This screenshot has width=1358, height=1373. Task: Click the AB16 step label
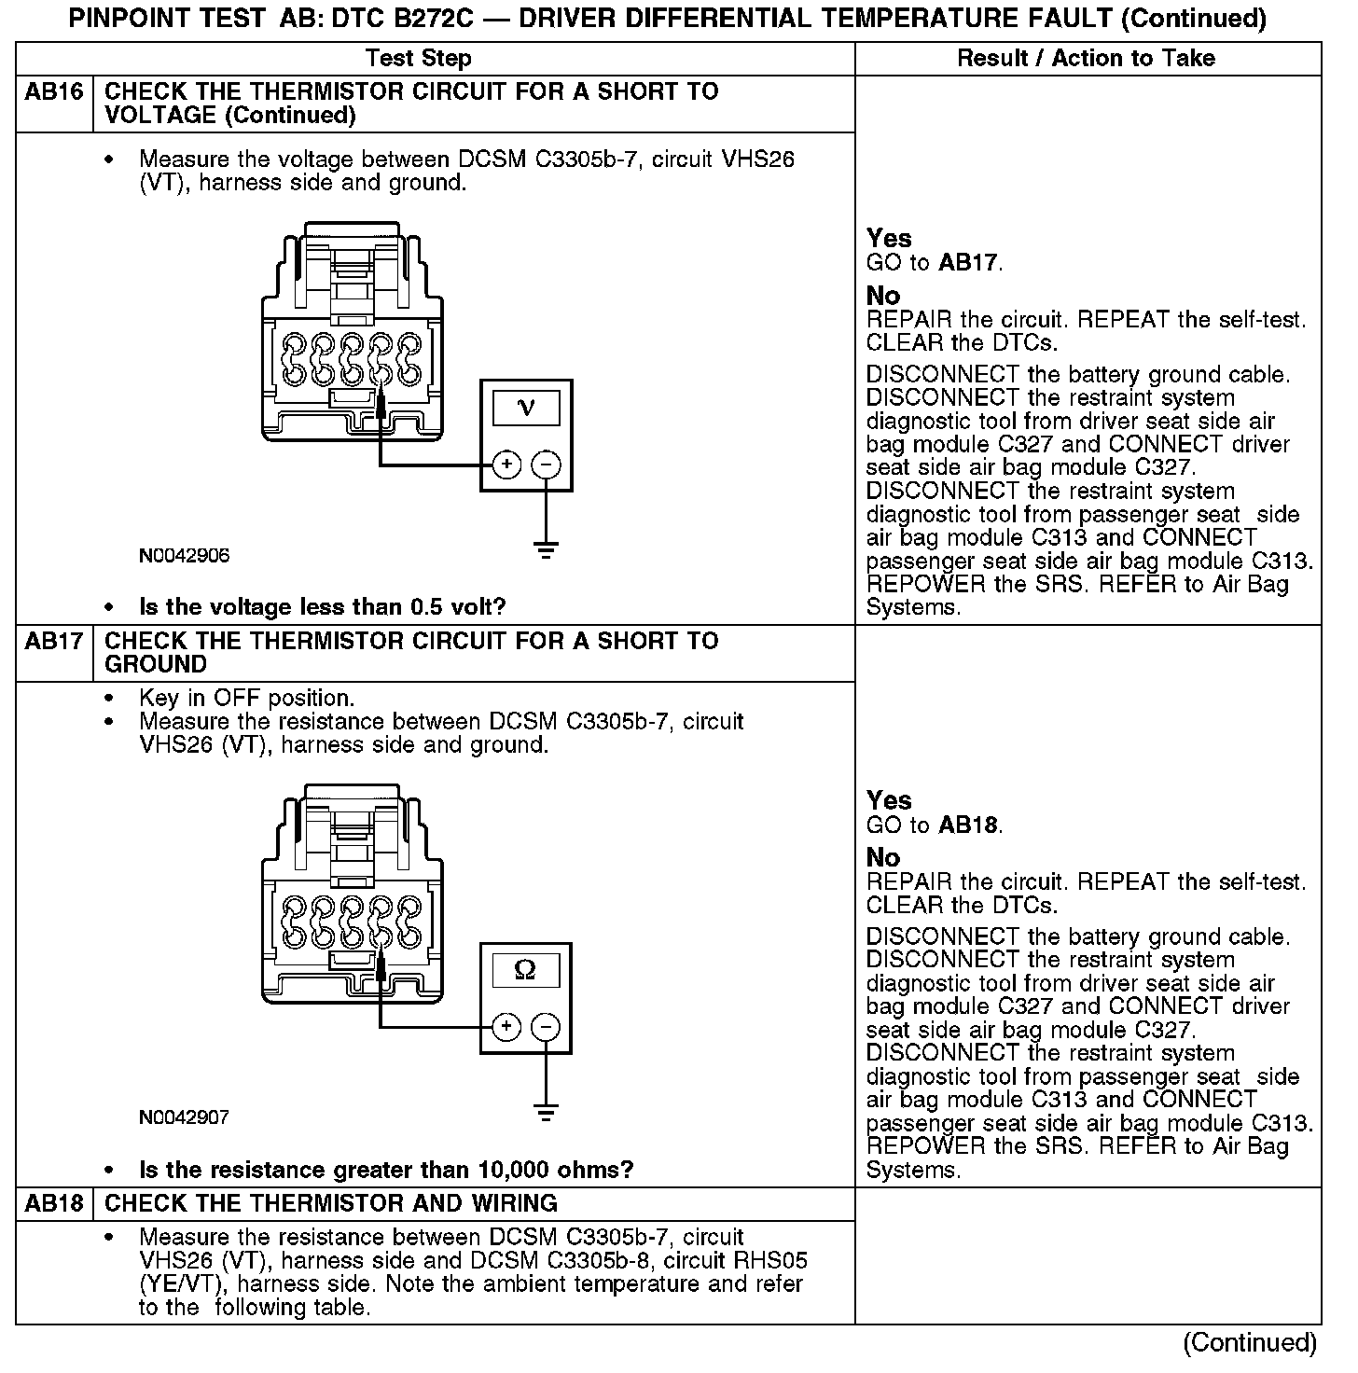tap(54, 92)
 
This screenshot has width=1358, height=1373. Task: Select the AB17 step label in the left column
tap(54, 642)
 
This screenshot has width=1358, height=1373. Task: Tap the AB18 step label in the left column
tap(54, 1203)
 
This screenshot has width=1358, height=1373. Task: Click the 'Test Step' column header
tap(419, 59)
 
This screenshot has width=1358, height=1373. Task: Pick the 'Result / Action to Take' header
tap(1087, 59)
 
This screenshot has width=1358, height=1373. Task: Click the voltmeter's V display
tap(526, 408)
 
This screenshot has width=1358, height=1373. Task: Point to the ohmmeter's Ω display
tap(526, 970)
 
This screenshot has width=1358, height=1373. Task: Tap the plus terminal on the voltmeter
tap(506, 464)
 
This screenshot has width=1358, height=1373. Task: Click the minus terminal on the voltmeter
tap(547, 464)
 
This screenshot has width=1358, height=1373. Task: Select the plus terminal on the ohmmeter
tap(506, 1027)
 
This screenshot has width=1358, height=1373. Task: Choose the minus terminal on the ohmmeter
tap(547, 1027)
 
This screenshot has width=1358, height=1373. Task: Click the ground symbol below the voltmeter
tap(547, 549)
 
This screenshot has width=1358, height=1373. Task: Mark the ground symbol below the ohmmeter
tap(547, 1112)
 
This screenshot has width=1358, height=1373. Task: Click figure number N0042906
tap(185, 556)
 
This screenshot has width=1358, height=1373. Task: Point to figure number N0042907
tap(185, 1117)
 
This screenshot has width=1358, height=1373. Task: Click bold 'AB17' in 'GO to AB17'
tap(968, 263)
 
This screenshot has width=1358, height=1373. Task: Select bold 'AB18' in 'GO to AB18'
tap(968, 825)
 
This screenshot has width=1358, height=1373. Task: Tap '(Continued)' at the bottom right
tap(1250, 1342)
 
